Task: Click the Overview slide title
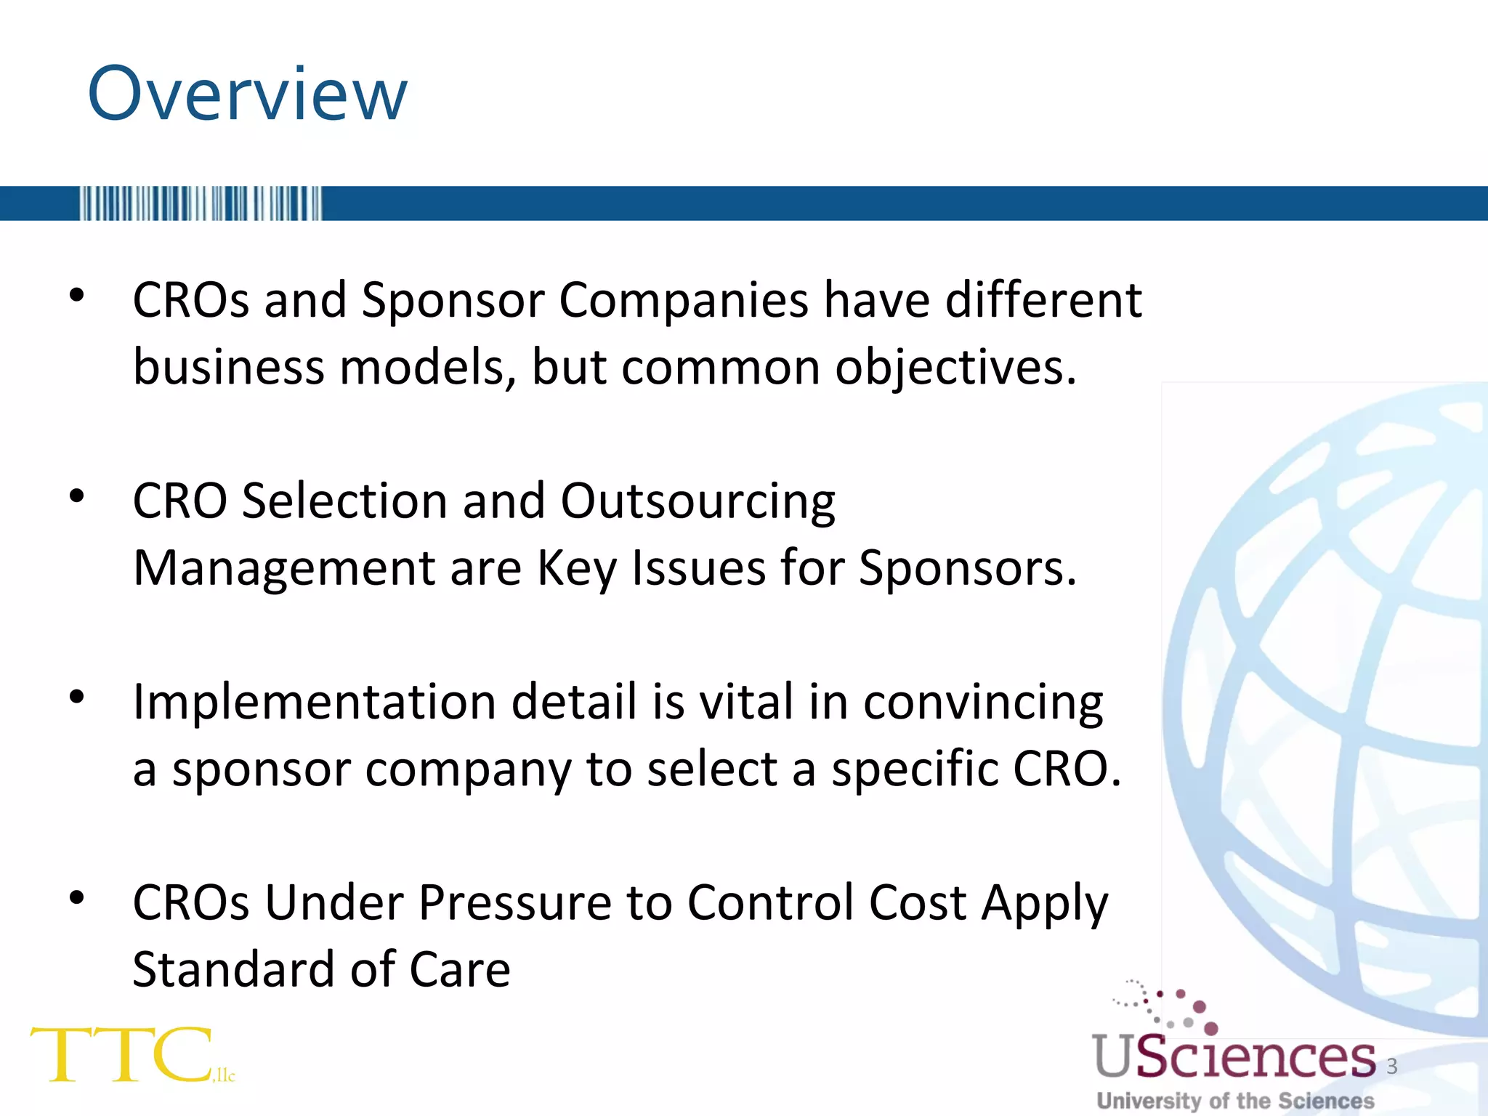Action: (247, 94)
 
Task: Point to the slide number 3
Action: (1392, 1066)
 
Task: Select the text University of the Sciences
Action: (1235, 1101)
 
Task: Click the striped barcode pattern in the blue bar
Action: (201, 203)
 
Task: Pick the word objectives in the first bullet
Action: (955, 368)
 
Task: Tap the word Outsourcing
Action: (697, 501)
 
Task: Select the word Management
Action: (284, 568)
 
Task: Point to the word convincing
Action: (982, 703)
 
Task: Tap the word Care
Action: (460, 970)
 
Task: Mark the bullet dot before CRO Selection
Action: (77, 497)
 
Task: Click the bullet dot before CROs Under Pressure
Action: (77, 899)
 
